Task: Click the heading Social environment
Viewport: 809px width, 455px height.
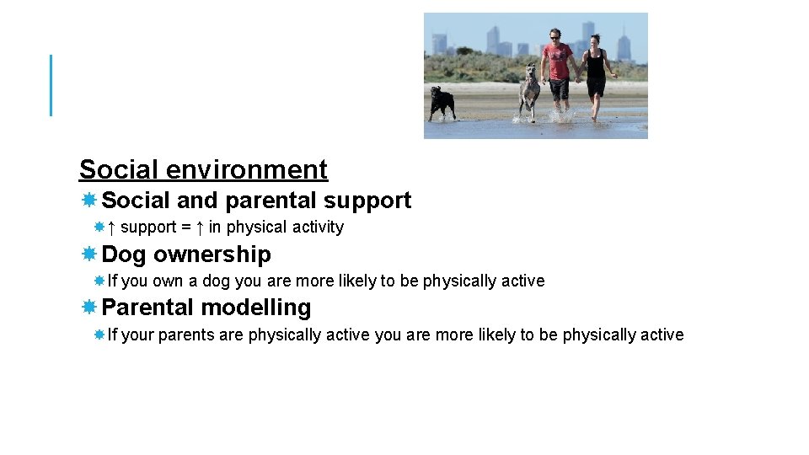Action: (x=203, y=169)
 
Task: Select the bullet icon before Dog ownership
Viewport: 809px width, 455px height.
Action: (x=88, y=254)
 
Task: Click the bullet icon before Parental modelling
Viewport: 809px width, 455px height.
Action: (x=88, y=308)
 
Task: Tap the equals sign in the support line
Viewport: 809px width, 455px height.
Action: (x=185, y=227)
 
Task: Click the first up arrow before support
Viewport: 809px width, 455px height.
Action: (x=111, y=227)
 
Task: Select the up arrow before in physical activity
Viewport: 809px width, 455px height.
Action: (x=199, y=227)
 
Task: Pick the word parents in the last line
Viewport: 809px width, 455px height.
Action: (x=186, y=335)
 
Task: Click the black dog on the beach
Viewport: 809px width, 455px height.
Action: (x=442, y=100)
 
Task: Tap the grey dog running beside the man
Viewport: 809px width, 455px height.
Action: (x=529, y=91)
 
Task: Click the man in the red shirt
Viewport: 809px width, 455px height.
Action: (x=557, y=72)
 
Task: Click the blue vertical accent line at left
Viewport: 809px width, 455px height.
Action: (x=51, y=85)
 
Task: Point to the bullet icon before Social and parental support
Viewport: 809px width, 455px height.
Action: (x=88, y=201)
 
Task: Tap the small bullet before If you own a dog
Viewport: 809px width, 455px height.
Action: (x=99, y=281)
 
